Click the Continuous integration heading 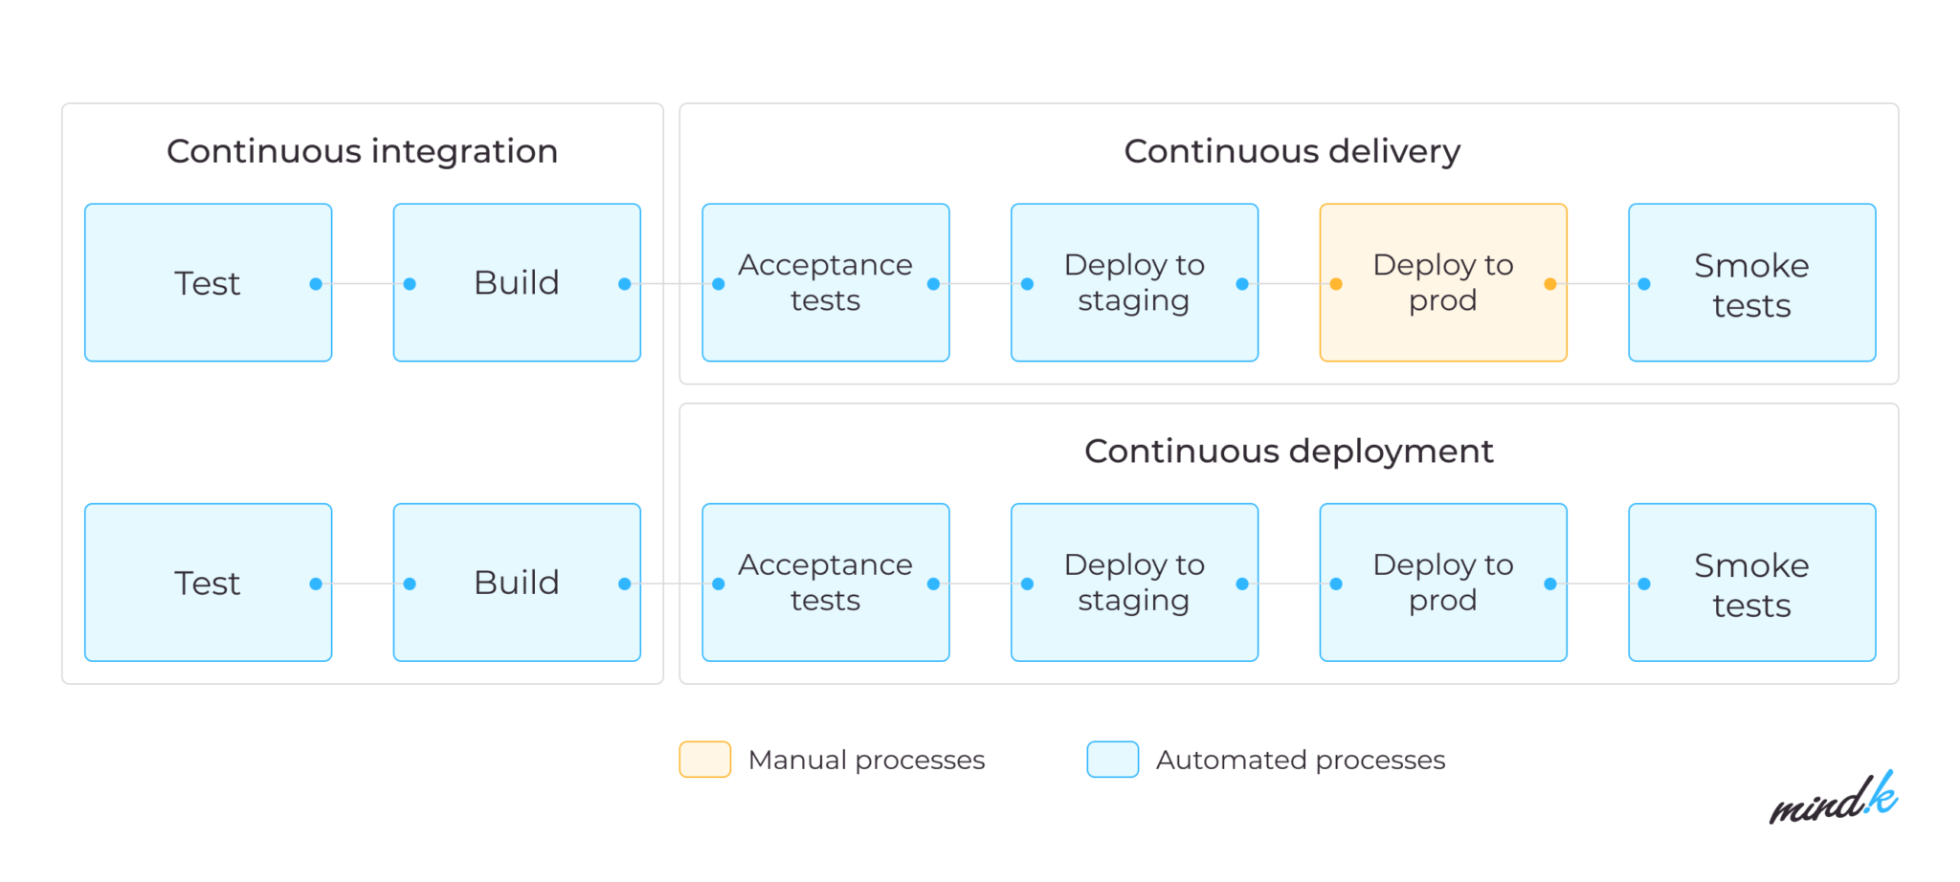tap(362, 151)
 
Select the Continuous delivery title tap(1292, 151)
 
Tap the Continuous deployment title tap(1288, 451)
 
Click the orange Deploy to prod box tap(1442, 282)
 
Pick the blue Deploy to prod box tap(1442, 582)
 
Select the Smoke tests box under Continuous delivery tap(1751, 283)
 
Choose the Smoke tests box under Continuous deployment tap(1751, 583)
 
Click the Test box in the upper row tap(208, 282)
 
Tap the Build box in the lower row tap(516, 582)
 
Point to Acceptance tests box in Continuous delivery tap(825, 282)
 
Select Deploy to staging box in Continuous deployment tap(1134, 582)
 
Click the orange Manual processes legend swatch tap(704, 760)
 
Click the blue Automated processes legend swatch tap(1112, 760)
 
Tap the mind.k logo tap(1833, 800)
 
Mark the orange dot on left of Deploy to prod tap(1336, 284)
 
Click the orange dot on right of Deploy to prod tap(1550, 284)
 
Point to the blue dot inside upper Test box tap(316, 284)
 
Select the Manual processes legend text tap(866, 760)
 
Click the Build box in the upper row tap(516, 282)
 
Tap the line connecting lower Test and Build tap(363, 584)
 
